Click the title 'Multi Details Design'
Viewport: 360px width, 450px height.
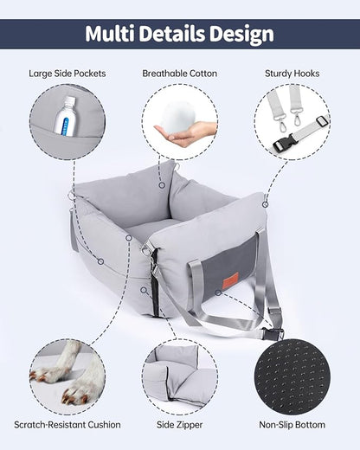coord(180,34)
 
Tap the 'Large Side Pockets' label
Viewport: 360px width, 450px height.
coord(67,74)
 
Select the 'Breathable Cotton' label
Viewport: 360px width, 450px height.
coord(179,74)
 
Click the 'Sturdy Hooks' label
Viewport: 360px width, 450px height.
coord(292,74)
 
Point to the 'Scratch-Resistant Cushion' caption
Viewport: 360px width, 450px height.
coord(67,425)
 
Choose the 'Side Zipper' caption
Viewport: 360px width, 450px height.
coord(179,425)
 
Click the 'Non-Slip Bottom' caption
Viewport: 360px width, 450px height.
coord(292,425)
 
